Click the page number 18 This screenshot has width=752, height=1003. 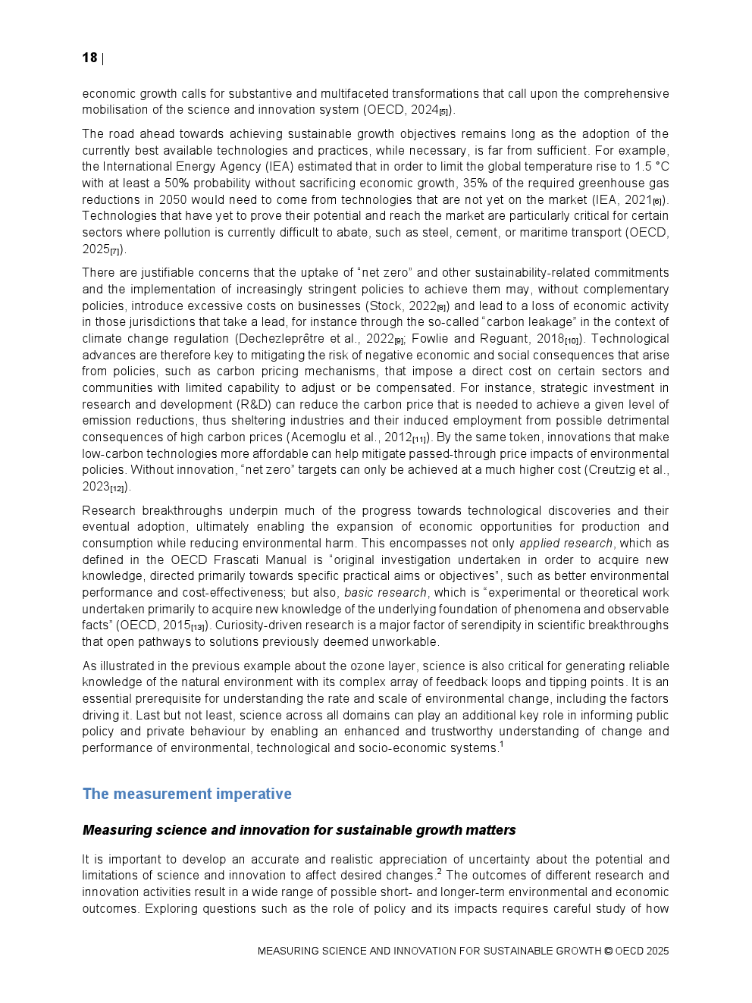coord(89,58)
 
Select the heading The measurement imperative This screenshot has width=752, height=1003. coord(186,794)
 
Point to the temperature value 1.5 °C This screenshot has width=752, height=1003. coord(648,167)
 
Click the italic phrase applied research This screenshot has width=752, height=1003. coord(566,544)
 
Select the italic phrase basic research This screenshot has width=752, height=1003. coord(385,593)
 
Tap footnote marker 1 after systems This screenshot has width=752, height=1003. coord(501,744)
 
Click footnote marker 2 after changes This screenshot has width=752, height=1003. coord(439,872)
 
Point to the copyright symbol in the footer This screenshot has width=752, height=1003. coord(608,951)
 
